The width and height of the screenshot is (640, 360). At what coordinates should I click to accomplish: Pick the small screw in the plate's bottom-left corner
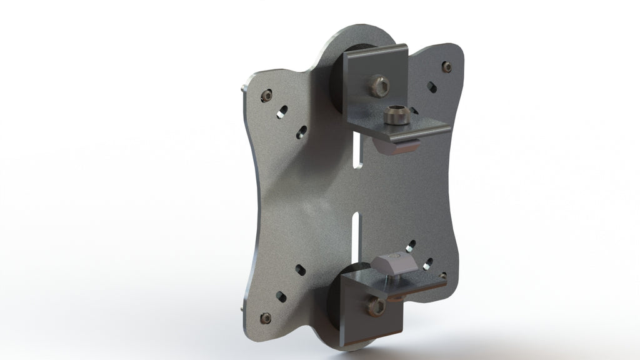[266, 317]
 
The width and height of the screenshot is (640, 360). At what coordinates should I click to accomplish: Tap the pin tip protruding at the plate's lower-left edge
[242, 309]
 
